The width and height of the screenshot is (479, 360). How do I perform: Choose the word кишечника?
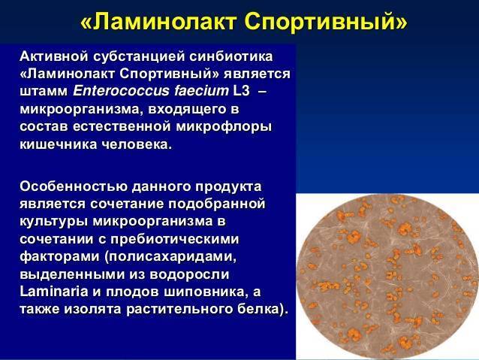point(58,144)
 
